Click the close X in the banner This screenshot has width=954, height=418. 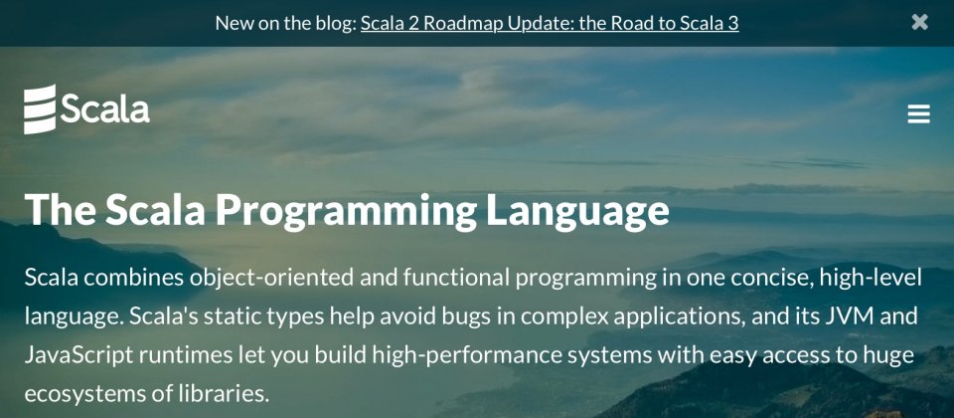coord(920,22)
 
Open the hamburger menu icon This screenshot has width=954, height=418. coord(918,113)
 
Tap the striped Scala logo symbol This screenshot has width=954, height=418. coord(40,109)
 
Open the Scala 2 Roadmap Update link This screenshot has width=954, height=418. coord(550,23)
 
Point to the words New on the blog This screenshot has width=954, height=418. coord(285,23)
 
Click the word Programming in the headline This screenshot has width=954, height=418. coord(346,211)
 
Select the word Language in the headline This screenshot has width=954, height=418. coord(577,211)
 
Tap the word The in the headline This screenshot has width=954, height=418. coord(61,209)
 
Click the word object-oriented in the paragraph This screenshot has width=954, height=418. coord(271,278)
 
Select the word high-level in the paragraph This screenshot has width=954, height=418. coord(871,278)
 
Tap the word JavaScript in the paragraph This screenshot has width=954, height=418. coord(79,355)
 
